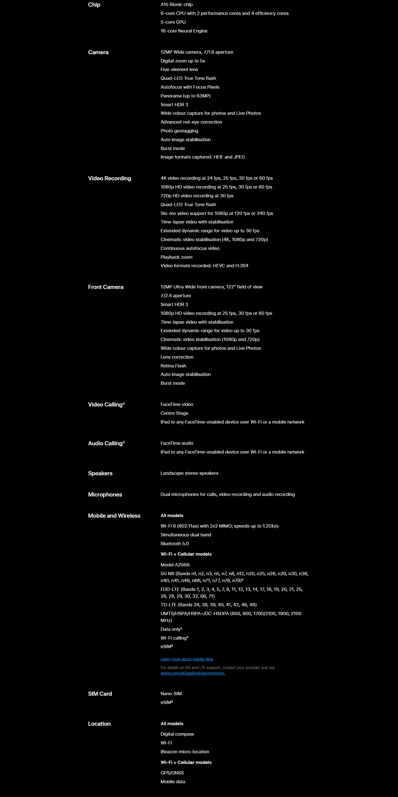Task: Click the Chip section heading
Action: point(94,5)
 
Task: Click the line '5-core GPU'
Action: point(173,22)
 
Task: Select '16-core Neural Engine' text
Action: point(184,31)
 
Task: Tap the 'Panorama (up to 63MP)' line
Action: point(186,96)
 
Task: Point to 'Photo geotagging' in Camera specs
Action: point(179,131)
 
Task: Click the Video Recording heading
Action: point(109,179)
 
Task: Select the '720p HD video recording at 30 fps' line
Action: point(197,196)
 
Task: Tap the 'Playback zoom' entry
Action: point(176,257)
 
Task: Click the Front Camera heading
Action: point(105,287)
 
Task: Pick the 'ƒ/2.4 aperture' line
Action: point(176,296)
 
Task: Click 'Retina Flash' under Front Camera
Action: point(173,366)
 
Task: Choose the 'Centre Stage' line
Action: point(174,413)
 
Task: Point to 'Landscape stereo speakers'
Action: point(189,473)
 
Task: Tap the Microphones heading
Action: point(105,495)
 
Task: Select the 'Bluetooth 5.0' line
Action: point(174,544)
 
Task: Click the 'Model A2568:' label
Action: point(175,565)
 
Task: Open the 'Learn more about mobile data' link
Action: point(187,659)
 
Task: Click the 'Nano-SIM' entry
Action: point(171,694)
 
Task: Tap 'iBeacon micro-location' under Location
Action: point(185,752)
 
